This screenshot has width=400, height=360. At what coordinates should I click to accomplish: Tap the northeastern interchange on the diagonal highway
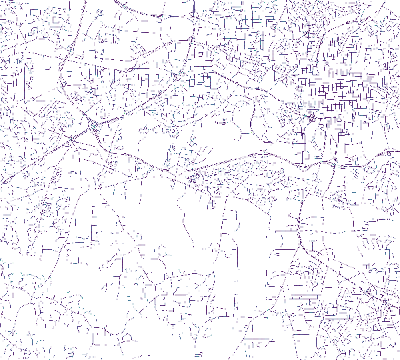coord(92,125)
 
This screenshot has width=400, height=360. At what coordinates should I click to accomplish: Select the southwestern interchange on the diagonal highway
coord(69,140)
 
